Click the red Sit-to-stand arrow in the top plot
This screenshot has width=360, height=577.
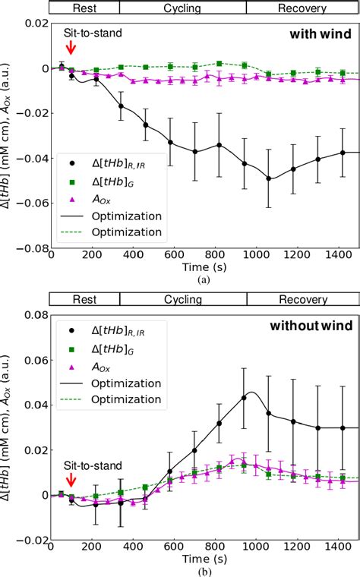click(71, 48)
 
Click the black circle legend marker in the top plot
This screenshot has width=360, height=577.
click(71, 162)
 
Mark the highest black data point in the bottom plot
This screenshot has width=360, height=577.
click(244, 397)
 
